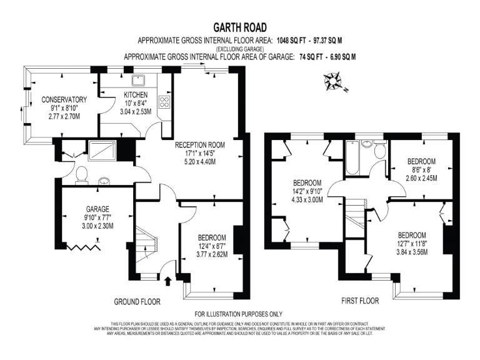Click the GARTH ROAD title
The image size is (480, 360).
point(240,27)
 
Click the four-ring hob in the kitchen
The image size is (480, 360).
point(166,101)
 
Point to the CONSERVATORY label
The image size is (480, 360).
point(64,99)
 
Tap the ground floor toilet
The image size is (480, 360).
point(81,176)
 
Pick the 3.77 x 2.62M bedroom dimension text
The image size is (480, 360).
point(212,254)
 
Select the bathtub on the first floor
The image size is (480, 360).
point(352,158)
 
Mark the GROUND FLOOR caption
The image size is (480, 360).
point(137,301)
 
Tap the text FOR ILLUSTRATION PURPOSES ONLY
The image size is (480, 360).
point(239,314)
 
